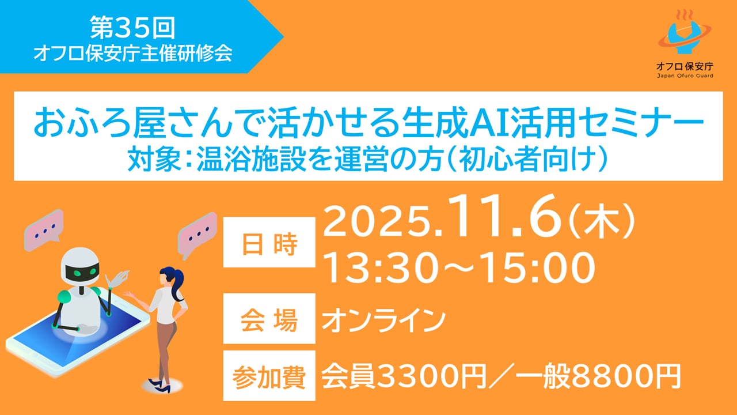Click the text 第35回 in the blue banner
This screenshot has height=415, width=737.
tap(132, 28)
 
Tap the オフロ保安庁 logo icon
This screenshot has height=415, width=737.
tap(685, 32)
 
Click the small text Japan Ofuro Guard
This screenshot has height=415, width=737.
tap(685, 76)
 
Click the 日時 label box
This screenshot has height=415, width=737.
tap(269, 243)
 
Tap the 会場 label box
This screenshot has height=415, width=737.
tap(269, 319)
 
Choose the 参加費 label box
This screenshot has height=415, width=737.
tap(269, 375)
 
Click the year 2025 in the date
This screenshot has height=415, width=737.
tap(377, 221)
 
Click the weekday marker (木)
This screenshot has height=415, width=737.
tap(602, 221)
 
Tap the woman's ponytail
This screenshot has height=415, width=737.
tap(178, 284)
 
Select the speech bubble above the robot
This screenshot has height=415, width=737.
tap(43, 229)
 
